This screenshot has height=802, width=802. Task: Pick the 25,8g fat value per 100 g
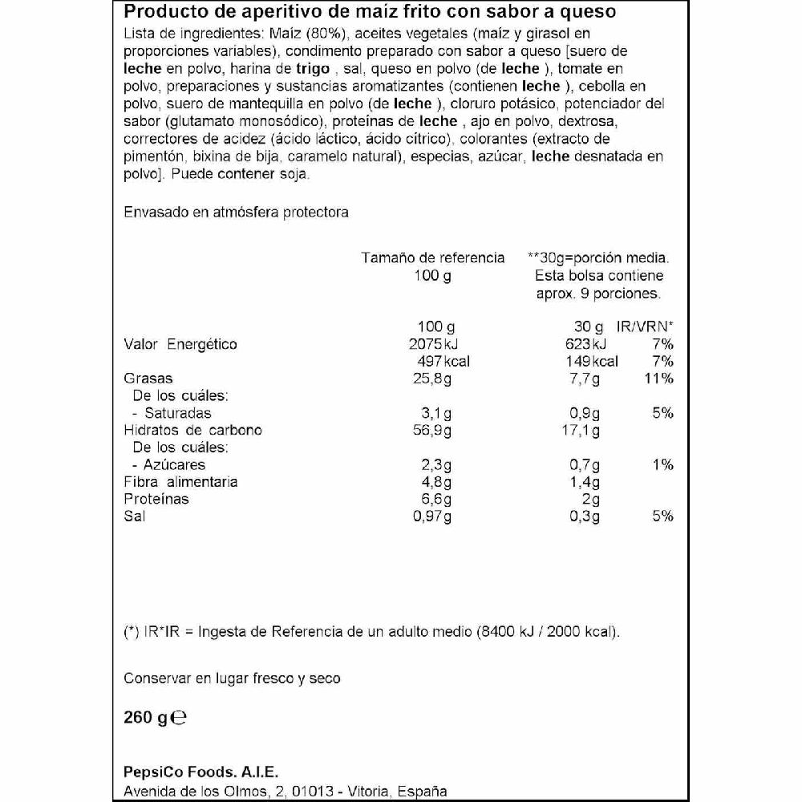click(x=431, y=379)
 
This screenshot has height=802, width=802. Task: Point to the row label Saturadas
click(x=177, y=413)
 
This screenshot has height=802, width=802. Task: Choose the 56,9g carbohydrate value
click(x=431, y=431)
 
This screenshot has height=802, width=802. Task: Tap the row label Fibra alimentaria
click(x=180, y=482)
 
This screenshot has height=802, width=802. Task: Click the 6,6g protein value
click(x=436, y=499)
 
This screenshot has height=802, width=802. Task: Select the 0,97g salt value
click(x=431, y=516)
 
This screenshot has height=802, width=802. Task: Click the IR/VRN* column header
click(x=645, y=327)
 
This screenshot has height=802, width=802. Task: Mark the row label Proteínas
click(x=156, y=499)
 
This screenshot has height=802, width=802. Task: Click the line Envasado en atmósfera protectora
click(x=236, y=213)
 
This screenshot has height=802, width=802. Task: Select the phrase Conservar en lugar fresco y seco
click(x=232, y=678)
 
